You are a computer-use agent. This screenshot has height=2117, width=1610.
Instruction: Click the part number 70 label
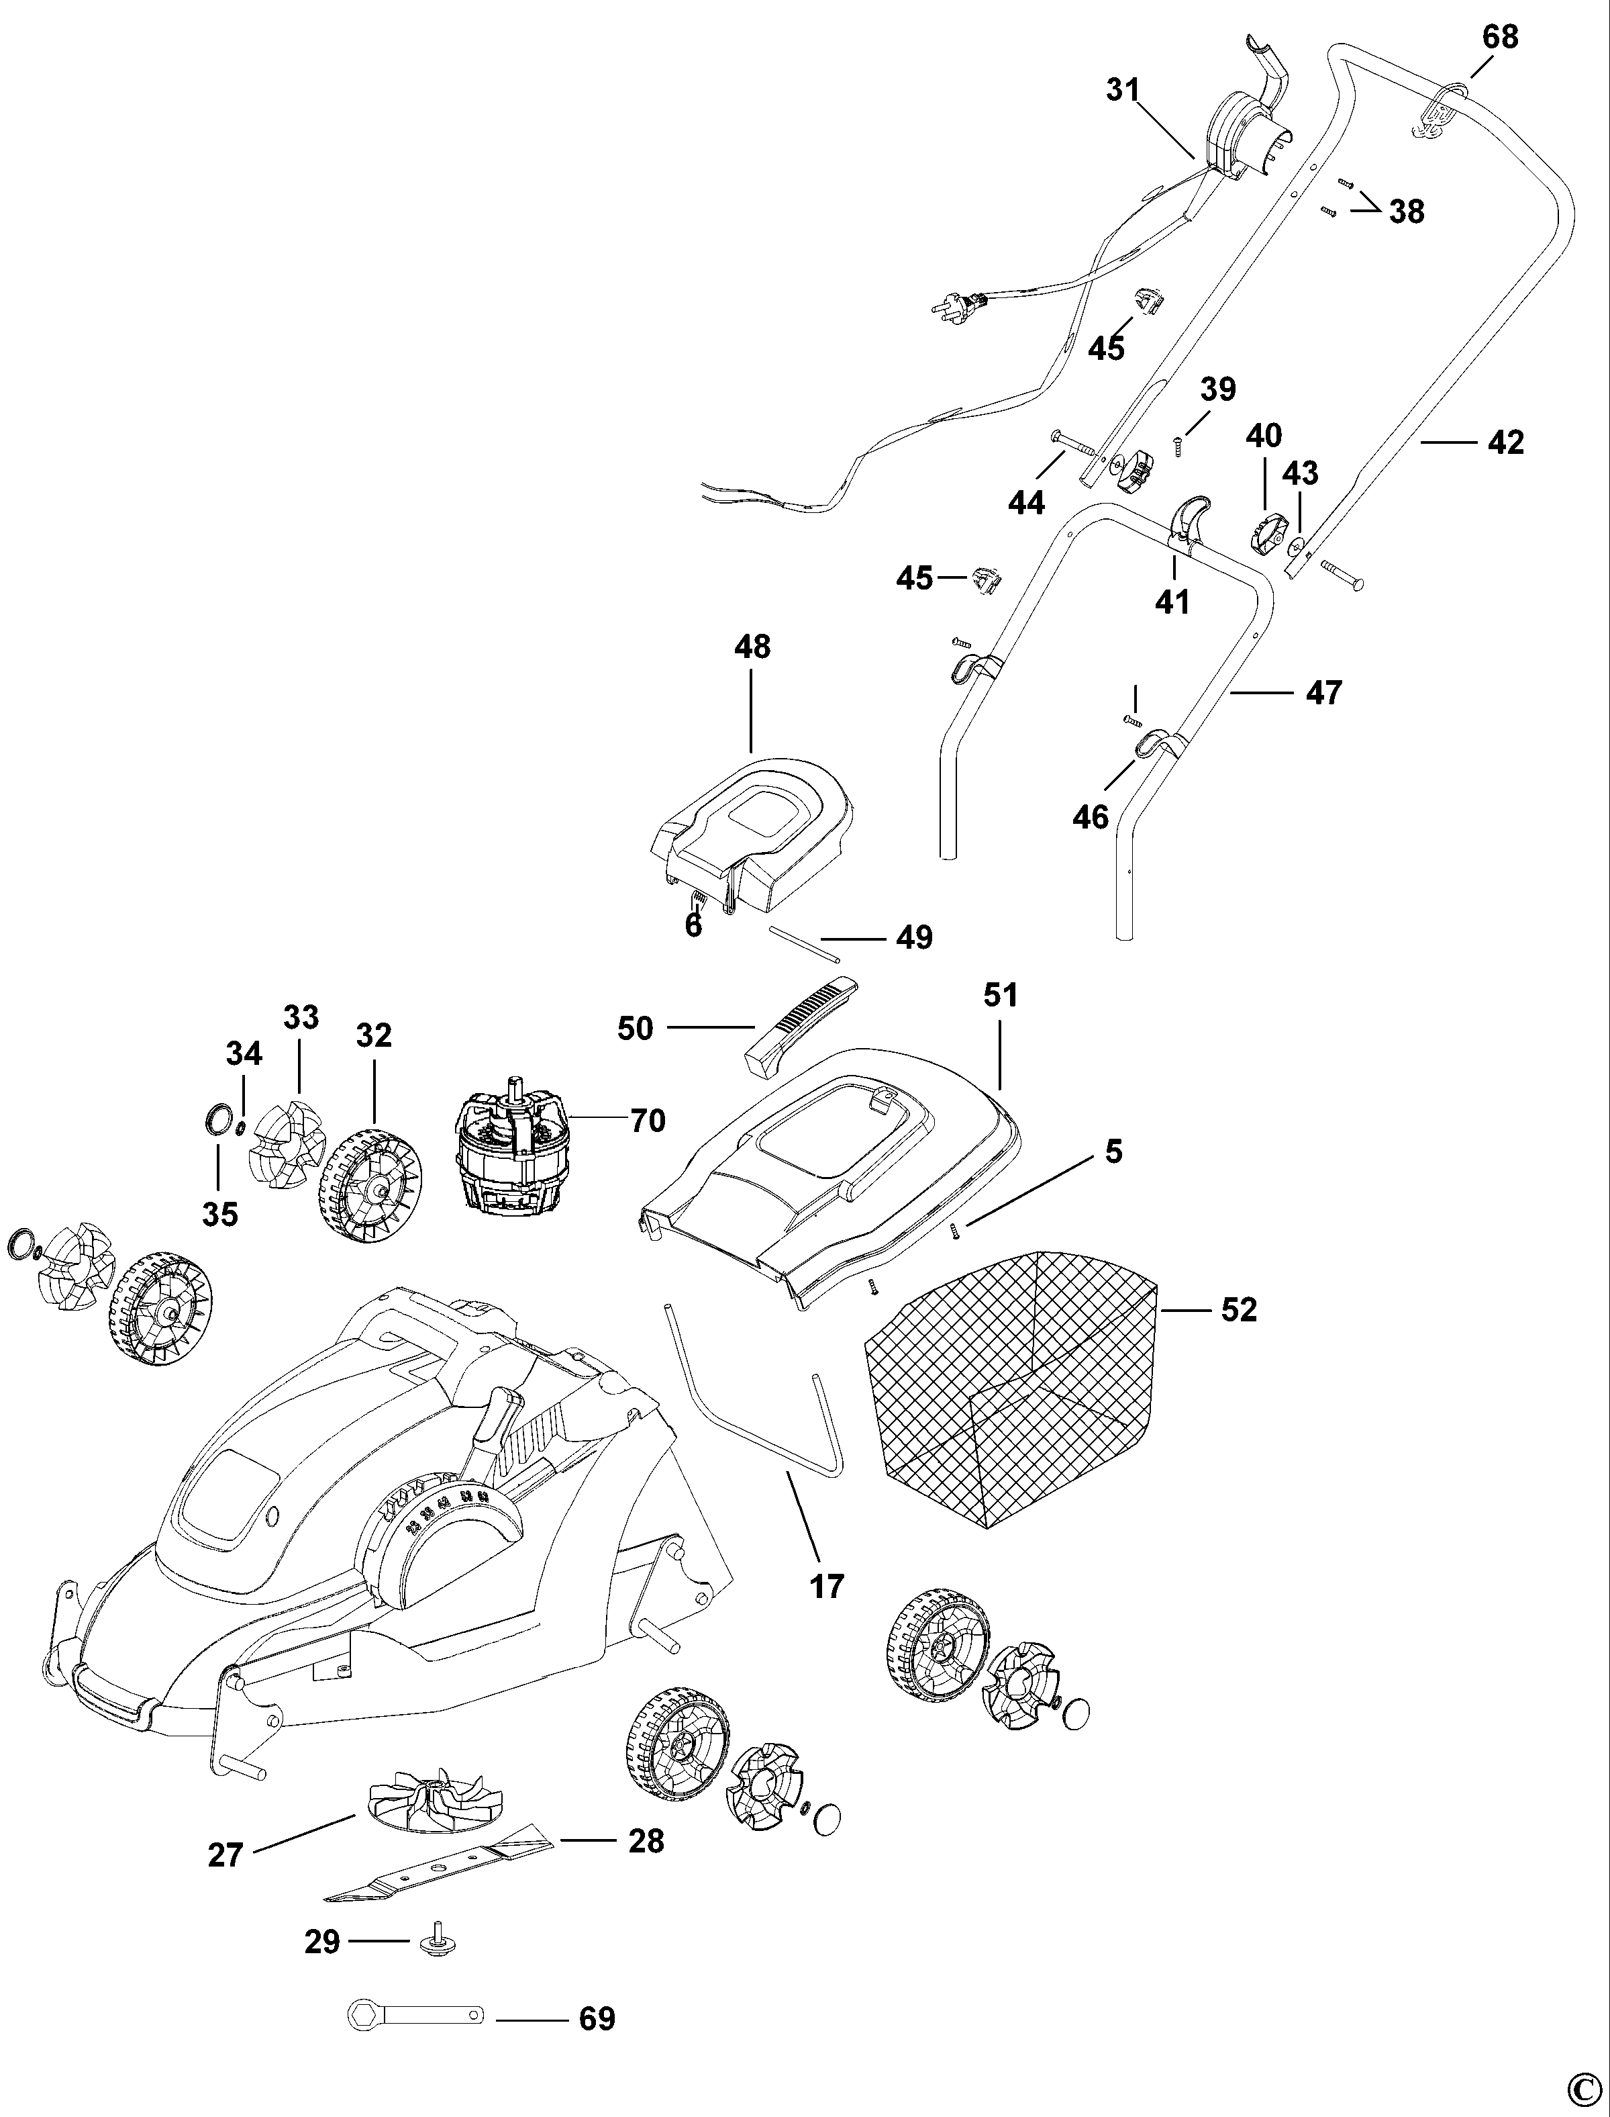pyautogui.click(x=648, y=1120)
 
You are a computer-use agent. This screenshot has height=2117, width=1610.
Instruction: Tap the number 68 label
pyautogui.click(x=1500, y=36)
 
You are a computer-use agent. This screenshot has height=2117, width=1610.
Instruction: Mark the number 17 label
pyautogui.click(x=827, y=1586)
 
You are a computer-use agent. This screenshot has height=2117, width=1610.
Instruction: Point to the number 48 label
pyautogui.click(x=752, y=647)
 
